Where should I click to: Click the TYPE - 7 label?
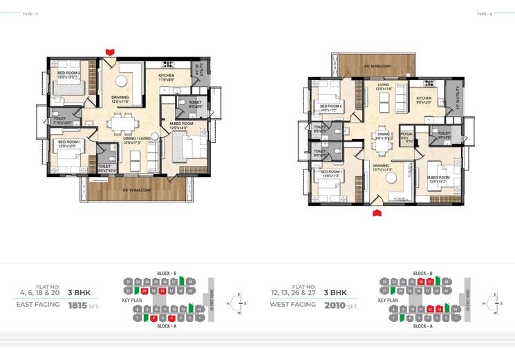tap(30, 13)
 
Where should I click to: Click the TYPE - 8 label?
tap(483, 13)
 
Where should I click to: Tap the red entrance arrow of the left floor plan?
tap(109, 51)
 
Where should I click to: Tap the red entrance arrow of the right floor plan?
tap(377, 213)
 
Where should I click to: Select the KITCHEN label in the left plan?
tap(167, 75)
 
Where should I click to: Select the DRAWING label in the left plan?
tap(120, 97)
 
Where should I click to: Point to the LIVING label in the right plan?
tap(384, 86)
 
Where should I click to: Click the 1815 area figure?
tap(78, 304)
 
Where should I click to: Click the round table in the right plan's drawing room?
tap(392, 178)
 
